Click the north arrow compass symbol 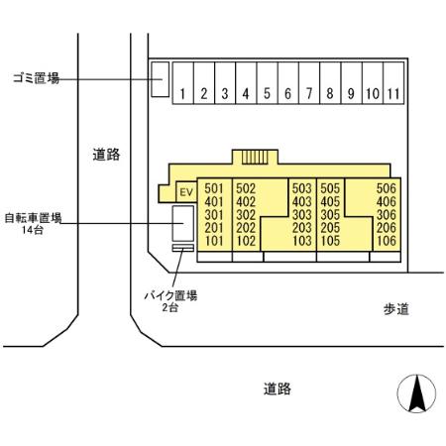point(417,395)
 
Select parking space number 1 point(184,94)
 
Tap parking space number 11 point(394,94)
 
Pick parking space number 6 point(288,94)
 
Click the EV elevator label point(184,190)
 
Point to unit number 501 point(213,188)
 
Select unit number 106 point(387,240)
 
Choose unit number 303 point(301,214)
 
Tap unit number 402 point(247,201)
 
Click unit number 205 point(331,227)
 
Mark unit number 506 point(387,188)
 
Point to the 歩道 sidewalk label point(396,309)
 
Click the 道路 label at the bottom point(278,389)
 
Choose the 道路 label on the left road point(106,154)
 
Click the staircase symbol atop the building point(255,156)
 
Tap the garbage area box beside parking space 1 point(158,81)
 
